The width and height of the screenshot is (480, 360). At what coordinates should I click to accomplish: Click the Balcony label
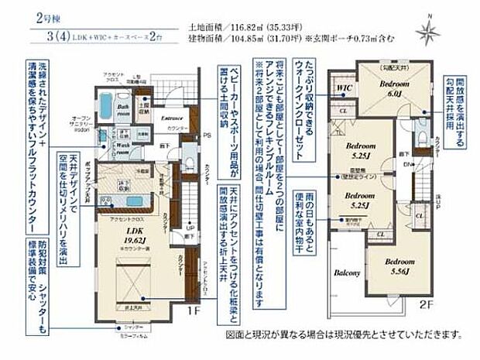pyautogui.click(x=348, y=273)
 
